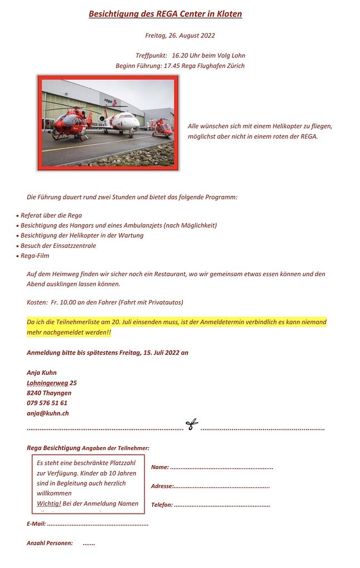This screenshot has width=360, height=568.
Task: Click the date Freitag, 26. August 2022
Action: coord(180,36)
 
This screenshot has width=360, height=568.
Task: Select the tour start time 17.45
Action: coord(172,66)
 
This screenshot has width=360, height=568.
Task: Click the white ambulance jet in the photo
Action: coord(121,122)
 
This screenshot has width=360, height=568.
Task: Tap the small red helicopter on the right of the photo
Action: coord(162,127)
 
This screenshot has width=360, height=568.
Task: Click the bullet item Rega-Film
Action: coord(35,256)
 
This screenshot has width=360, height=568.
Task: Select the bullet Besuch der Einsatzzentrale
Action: coord(58,246)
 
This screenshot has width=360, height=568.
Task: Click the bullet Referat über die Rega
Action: coord(51,215)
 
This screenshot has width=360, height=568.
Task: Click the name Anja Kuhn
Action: coord(42,373)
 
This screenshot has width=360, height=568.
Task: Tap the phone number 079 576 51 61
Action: coord(47,403)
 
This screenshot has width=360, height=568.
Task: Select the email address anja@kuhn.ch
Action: coord(48,413)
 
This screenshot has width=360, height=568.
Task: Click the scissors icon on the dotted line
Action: coord(192,425)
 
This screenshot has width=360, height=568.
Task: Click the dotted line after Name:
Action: coord(221,467)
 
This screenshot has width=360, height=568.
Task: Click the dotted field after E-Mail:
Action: coord(98,524)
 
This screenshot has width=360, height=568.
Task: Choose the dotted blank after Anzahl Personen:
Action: coord(89,543)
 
